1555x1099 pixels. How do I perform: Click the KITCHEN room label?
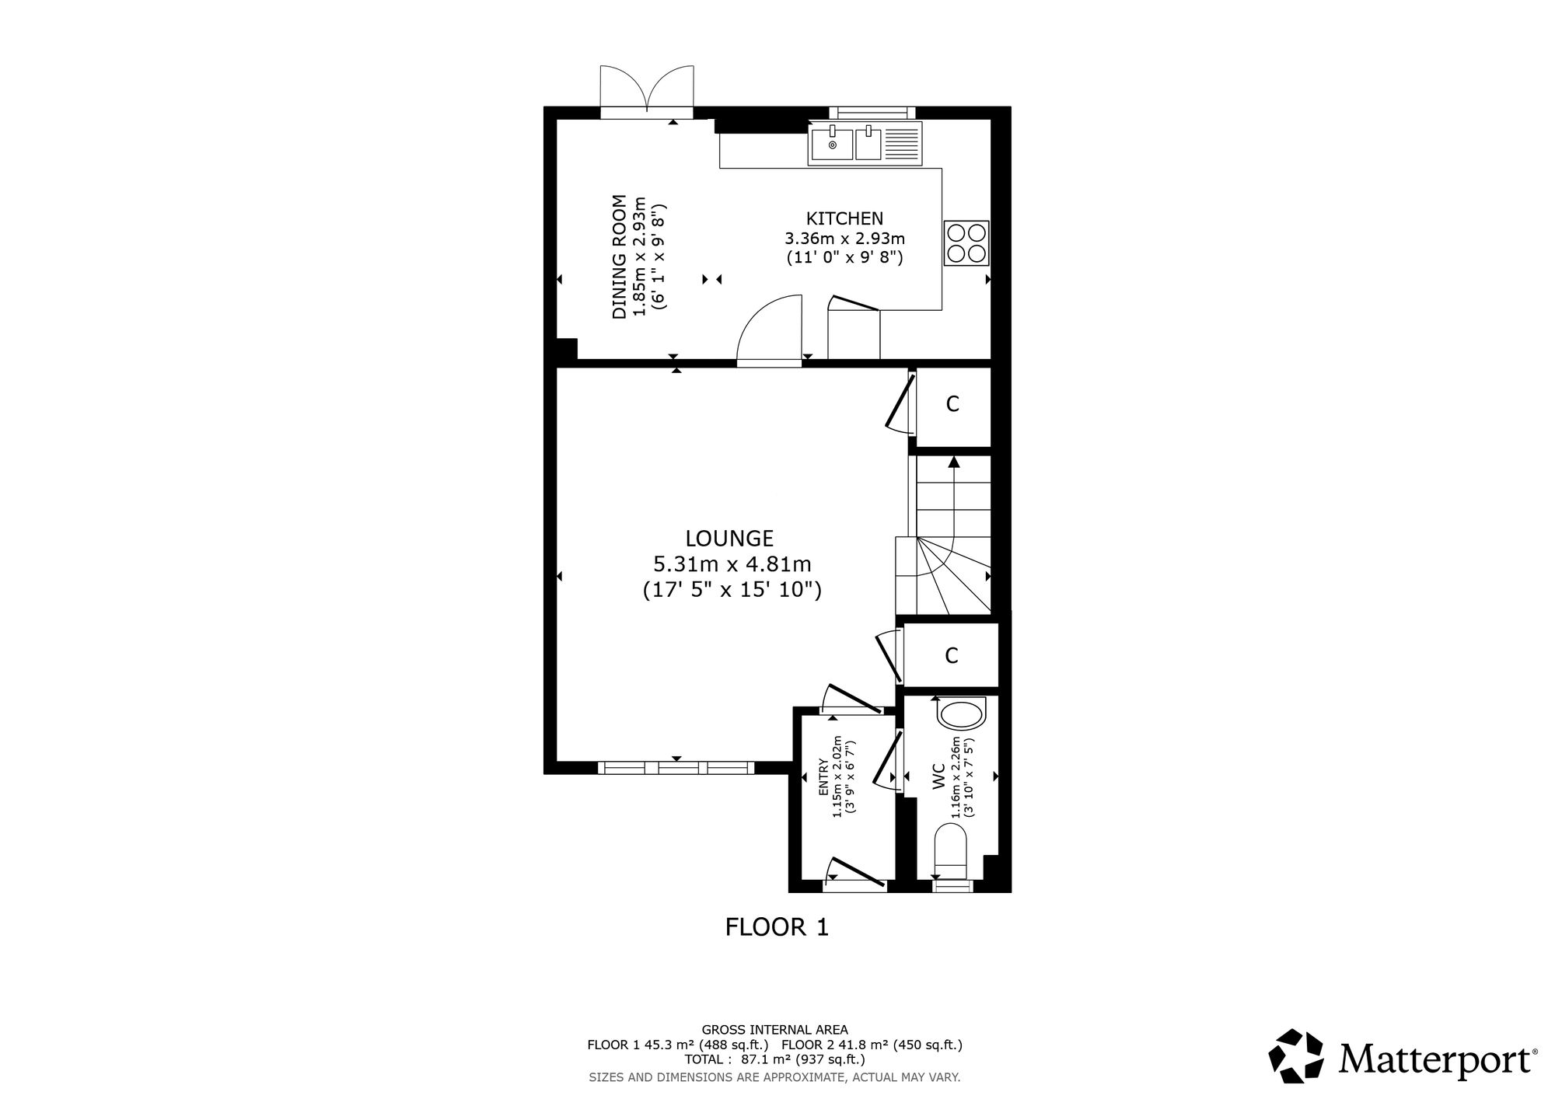[x=844, y=218]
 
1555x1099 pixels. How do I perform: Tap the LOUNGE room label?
[x=729, y=538]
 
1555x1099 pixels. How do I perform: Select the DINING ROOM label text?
[x=620, y=256]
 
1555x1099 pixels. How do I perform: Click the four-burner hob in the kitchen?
[x=966, y=243]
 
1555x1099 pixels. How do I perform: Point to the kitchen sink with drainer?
[x=865, y=144]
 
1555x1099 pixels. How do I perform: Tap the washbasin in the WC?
[x=962, y=714]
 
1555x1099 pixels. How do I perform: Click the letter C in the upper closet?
[x=952, y=404]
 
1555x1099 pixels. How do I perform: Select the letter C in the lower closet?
[x=951, y=656]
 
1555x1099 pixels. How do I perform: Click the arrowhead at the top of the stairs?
[x=954, y=462]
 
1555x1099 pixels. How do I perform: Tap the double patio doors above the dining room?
[x=647, y=92]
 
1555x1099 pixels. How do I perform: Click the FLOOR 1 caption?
[x=777, y=927]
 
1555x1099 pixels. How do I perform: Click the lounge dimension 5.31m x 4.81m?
[x=732, y=563]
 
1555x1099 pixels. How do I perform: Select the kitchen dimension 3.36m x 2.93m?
[x=845, y=238]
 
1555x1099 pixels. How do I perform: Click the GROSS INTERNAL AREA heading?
[x=774, y=1029]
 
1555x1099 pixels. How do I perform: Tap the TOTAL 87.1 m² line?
[x=774, y=1059]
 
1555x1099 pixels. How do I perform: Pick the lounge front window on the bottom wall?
[x=676, y=768]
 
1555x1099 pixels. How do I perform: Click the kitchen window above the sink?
[x=872, y=113]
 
